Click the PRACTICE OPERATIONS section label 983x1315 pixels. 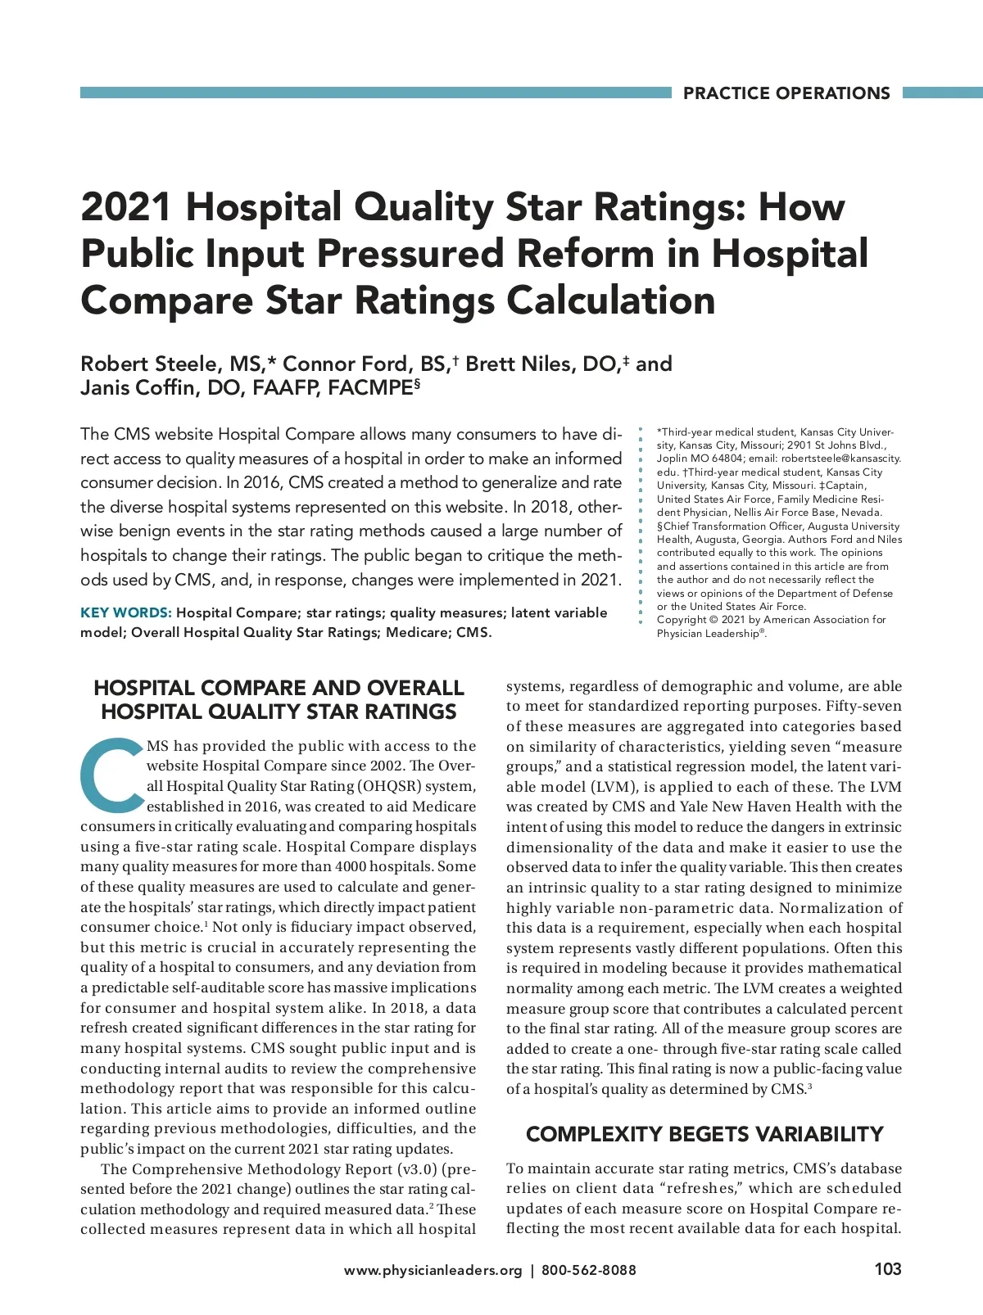pos(786,93)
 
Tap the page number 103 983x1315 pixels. pos(887,1269)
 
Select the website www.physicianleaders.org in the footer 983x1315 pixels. pos(433,1270)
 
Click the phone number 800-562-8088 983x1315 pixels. pos(588,1270)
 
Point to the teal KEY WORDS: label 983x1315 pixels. pos(125,612)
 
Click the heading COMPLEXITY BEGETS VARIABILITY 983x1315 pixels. pos(704,1134)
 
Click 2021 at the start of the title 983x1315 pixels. pos(125,207)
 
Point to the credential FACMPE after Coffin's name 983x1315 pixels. pos(370,387)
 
